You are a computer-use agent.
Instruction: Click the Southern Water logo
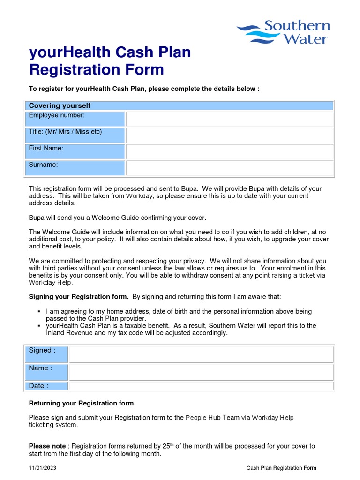[x=284, y=32]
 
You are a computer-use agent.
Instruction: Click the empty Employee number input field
[x=230, y=119]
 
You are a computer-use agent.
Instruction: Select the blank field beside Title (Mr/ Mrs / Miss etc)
[x=230, y=135]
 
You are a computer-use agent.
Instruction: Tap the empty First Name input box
[x=230, y=152]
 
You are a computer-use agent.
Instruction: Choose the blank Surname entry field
[x=230, y=168]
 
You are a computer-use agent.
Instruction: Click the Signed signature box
[x=201, y=354]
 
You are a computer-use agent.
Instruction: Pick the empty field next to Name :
[x=201, y=372]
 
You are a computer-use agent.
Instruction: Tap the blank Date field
[x=201, y=386]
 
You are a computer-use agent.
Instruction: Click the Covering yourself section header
[x=60, y=105]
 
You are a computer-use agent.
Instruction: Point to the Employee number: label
[x=57, y=115]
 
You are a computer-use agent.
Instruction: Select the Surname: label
[x=44, y=165]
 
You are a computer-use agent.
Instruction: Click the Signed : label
[x=42, y=350]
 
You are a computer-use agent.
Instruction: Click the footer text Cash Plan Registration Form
[x=281, y=468]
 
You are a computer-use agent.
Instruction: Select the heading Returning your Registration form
[x=81, y=403]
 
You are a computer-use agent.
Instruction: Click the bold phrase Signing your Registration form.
[x=78, y=297]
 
